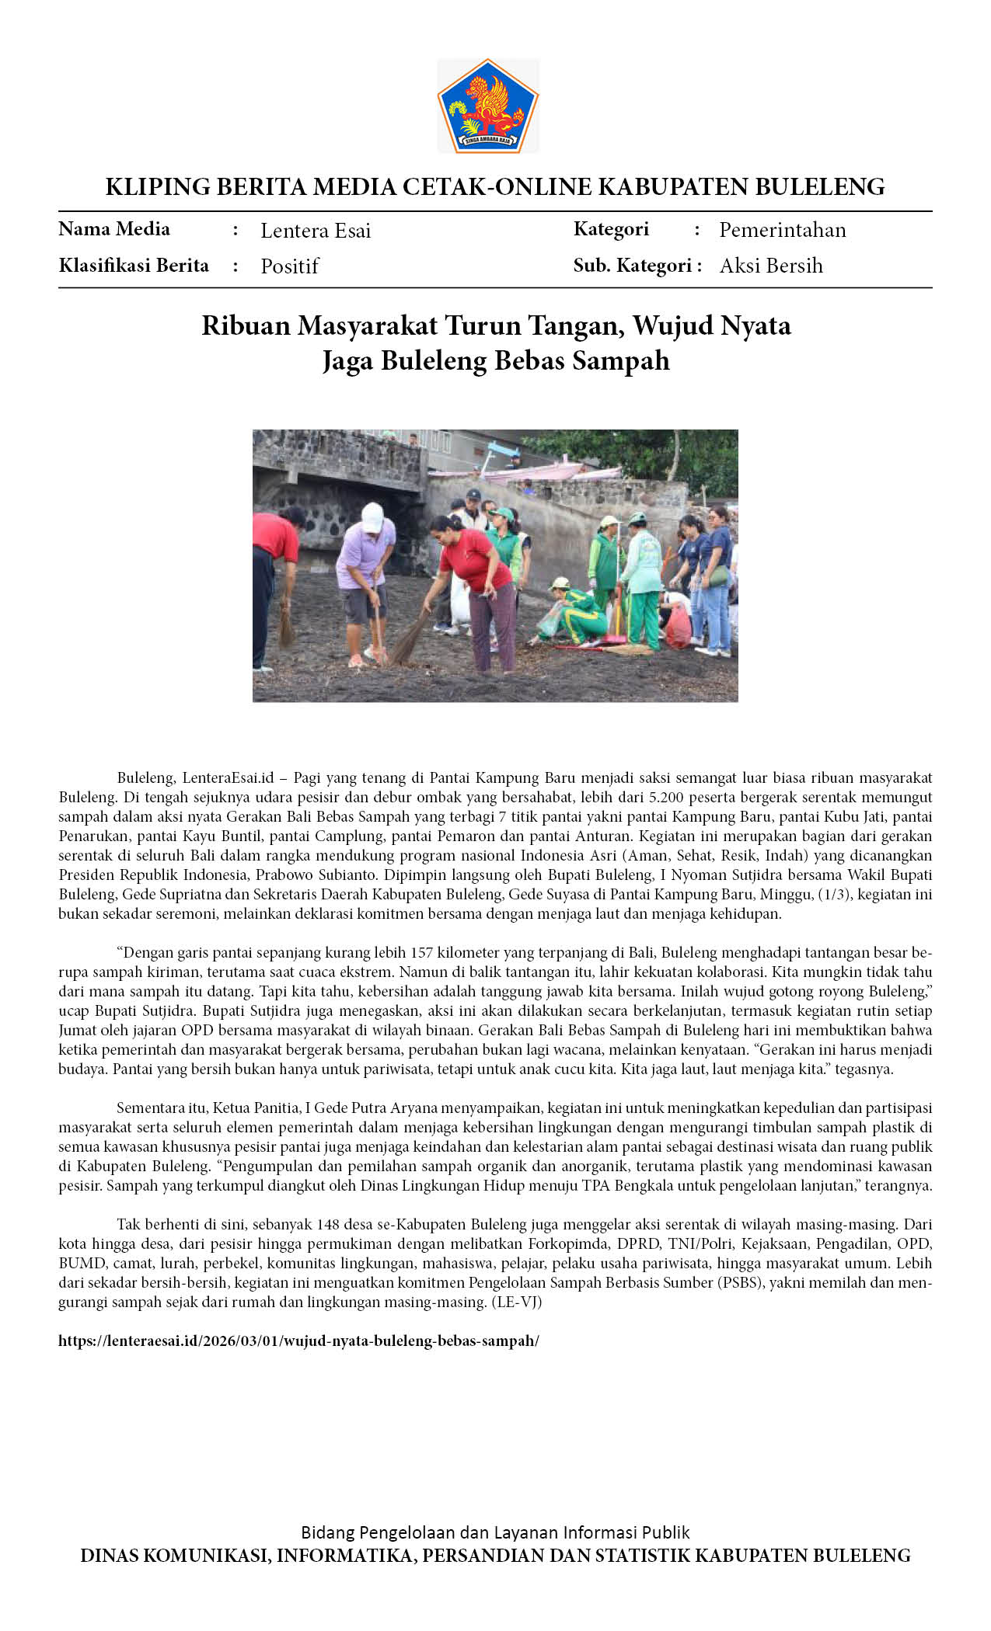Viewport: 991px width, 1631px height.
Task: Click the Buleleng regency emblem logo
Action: tap(488, 106)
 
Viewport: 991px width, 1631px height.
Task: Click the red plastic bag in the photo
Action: tap(677, 627)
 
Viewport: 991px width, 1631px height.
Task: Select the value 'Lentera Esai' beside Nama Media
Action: tap(316, 231)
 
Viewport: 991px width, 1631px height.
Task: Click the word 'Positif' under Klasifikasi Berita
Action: tap(289, 266)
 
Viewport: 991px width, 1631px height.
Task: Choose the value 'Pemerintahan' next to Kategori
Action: tap(782, 230)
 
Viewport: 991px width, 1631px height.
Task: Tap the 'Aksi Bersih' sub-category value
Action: tap(770, 266)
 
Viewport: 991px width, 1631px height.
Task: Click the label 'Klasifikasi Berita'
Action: tap(134, 266)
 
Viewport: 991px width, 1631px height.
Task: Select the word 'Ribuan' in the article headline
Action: tap(245, 325)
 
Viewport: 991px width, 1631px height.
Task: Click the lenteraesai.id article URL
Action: tap(298, 1341)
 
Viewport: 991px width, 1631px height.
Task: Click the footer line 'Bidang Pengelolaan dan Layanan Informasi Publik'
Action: tap(495, 1532)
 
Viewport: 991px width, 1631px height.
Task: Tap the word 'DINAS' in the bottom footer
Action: tap(109, 1556)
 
